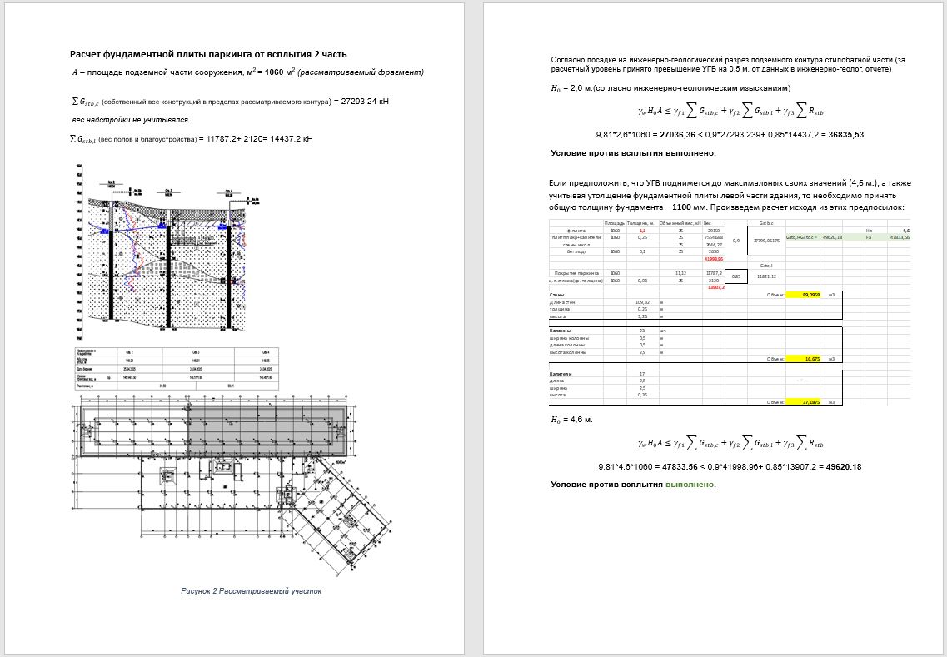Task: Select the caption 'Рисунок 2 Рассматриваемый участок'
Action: (x=252, y=590)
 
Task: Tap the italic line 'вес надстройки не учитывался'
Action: (x=130, y=120)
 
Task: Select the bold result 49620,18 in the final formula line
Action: (x=840, y=466)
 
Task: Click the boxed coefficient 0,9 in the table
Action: (x=735, y=241)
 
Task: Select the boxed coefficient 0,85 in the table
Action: (x=735, y=276)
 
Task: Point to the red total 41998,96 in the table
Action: (x=714, y=258)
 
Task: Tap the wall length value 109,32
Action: (x=642, y=301)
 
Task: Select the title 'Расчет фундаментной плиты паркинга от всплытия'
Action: (x=208, y=54)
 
